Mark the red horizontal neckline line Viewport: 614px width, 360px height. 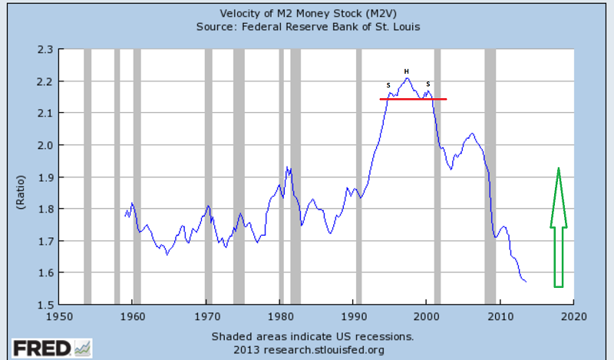point(413,99)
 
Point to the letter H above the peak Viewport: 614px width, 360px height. point(407,71)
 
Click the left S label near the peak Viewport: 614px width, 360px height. point(388,84)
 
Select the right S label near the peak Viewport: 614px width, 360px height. point(427,84)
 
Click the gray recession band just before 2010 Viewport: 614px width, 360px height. point(490,177)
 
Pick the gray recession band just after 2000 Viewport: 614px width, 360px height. point(437,177)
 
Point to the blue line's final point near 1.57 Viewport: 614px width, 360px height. point(526,282)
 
